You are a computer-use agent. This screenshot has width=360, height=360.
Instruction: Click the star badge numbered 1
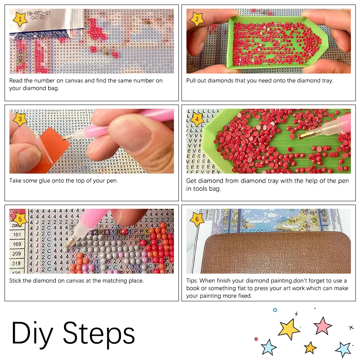tap(20, 19)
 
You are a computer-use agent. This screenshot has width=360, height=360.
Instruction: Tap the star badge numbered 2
tap(197, 19)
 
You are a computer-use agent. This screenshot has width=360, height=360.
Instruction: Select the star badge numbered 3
tap(20, 119)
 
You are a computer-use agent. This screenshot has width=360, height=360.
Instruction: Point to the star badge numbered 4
tap(197, 119)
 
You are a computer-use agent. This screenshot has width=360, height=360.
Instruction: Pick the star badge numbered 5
tap(20, 219)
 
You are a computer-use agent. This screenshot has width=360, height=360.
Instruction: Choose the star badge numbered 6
tap(197, 219)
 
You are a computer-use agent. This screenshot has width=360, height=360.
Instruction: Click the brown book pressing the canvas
tap(276, 253)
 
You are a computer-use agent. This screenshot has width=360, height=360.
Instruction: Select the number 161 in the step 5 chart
tap(17, 235)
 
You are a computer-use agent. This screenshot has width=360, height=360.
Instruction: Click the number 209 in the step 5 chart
tap(17, 254)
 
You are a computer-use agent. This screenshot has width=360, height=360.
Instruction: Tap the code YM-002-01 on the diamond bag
tap(38, 13)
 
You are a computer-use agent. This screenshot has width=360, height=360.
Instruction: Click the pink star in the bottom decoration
tap(322, 326)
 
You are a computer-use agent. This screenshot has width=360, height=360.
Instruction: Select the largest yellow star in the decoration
tap(288, 329)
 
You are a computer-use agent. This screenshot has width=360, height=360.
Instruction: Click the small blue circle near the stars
tap(275, 310)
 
